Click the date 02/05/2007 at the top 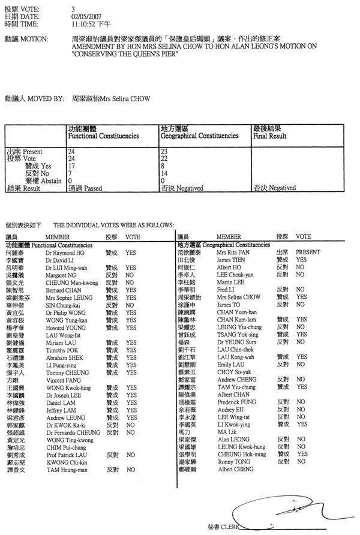coord(83,17)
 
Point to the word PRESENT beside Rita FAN coord(308,253)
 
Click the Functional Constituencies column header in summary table coord(104,136)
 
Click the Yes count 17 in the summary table coord(72,166)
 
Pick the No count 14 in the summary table coord(164,173)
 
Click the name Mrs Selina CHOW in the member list coord(239,297)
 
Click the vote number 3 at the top coord(73,10)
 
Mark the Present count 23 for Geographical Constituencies coord(164,152)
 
